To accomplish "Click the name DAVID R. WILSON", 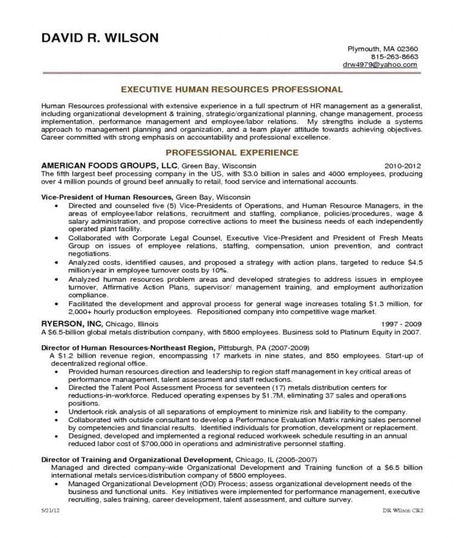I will pos(100,38).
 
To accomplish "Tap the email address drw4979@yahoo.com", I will pos(380,64).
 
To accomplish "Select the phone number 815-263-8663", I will pos(395,56).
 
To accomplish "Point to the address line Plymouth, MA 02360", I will pos(382,48).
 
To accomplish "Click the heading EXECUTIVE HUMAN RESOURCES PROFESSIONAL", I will pos(232,89).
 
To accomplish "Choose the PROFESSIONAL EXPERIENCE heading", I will pos(232,153).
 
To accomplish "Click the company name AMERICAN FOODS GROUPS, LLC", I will pos(109,165).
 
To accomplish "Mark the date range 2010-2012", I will pos(403,165).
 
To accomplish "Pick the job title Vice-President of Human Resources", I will pos(107,197).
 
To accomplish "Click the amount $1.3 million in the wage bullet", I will pos(384,304).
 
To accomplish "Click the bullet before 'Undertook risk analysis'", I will pos(56,411).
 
